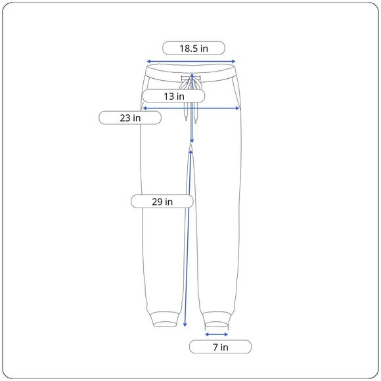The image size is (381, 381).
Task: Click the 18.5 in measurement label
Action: [x=194, y=48]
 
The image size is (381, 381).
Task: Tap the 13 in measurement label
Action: [x=173, y=96]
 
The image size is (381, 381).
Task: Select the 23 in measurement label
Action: [x=130, y=118]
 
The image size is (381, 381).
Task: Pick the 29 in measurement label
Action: [x=162, y=202]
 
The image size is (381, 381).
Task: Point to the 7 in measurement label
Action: [x=220, y=347]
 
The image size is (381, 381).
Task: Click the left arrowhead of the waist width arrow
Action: [x=148, y=62]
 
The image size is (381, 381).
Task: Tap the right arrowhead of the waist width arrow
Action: [x=234, y=62]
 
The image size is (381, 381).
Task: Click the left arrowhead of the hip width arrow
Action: [x=145, y=108]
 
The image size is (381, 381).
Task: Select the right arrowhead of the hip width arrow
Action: [x=238, y=108]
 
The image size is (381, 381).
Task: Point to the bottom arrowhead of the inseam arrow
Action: [x=185, y=325]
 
